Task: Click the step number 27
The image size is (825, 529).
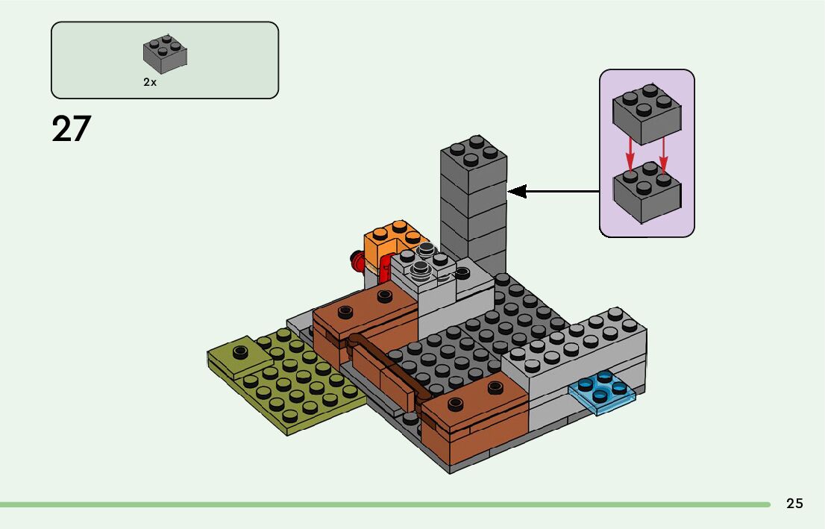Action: click(71, 129)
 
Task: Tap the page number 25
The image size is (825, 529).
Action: click(794, 504)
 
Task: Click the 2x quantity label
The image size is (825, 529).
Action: click(150, 83)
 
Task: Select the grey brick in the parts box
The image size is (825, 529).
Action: click(165, 54)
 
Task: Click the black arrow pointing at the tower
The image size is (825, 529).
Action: click(552, 192)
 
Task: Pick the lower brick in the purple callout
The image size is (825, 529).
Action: click(646, 192)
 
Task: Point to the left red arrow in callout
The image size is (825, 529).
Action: click(630, 155)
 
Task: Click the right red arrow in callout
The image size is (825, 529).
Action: click(663, 155)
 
